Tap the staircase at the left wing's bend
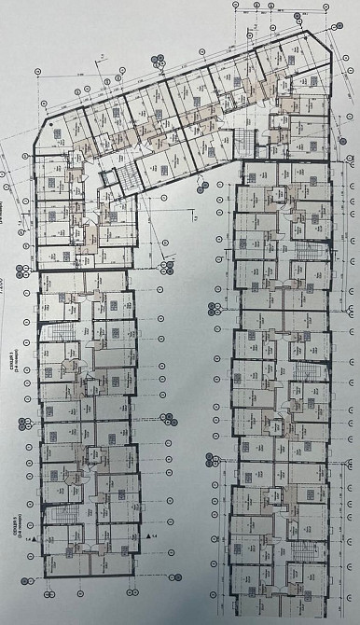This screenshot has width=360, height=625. coord(110,179)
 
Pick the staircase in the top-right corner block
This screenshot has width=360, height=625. coord(244,145)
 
